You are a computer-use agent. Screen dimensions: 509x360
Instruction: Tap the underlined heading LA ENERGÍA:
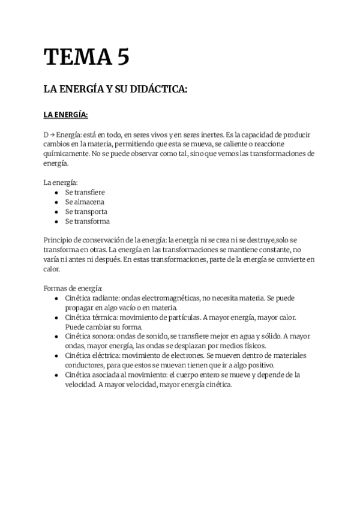(66, 115)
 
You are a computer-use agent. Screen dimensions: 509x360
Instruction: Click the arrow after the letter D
(52, 135)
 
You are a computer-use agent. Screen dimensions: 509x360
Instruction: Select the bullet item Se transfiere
(85, 192)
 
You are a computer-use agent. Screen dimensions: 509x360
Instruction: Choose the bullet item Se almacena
(85, 202)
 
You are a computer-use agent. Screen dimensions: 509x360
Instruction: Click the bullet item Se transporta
(86, 211)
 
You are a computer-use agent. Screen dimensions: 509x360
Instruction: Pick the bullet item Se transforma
(87, 221)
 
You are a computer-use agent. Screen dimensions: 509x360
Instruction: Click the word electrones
(184, 356)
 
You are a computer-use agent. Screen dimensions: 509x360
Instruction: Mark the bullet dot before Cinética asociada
(56, 375)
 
